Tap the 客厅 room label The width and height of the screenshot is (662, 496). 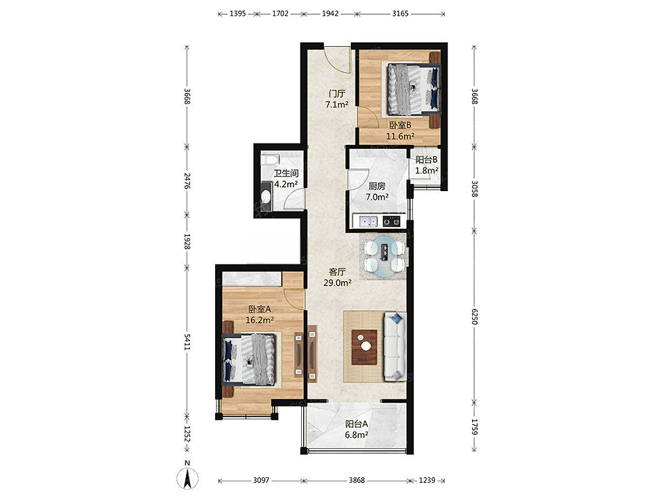pos(338,272)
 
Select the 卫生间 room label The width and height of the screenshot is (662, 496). pos(286,173)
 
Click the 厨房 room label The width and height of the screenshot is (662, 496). pos(377,186)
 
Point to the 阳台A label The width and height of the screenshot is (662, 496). pos(357,424)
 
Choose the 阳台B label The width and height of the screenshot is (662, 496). pos(426,160)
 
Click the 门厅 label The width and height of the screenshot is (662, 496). pos(337,93)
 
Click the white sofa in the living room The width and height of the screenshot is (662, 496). pos(395,347)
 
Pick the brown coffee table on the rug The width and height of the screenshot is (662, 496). pos(365,347)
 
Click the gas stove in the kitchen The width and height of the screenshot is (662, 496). pos(391,221)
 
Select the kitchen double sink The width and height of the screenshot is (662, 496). pos(368,221)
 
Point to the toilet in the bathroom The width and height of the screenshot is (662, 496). pos(266,197)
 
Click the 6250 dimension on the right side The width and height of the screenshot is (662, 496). pos(474,316)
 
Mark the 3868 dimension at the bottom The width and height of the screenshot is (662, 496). pos(357,480)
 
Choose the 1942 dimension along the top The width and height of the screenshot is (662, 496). pos(330,13)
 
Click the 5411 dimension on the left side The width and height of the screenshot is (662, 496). pos(187,342)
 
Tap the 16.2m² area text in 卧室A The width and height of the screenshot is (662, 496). pos(260,320)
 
